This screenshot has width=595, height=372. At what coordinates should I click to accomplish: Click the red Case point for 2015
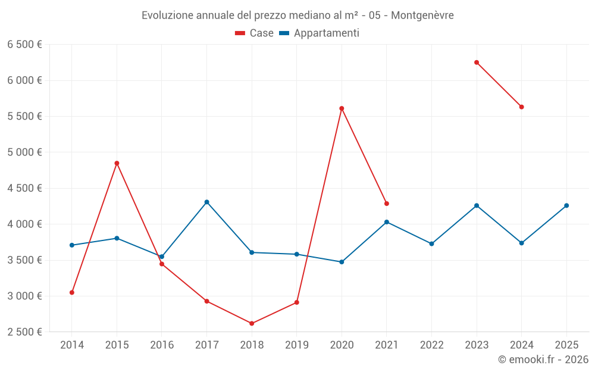[117, 163]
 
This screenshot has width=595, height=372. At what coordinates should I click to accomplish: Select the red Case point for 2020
[342, 108]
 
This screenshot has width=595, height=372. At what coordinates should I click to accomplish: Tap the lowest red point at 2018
[252, 323]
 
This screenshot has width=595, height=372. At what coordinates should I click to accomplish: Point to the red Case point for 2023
[477, 62]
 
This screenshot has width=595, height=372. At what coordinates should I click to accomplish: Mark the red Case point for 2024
[522, 107]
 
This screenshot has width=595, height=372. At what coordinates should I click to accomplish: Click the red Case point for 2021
[387, 204]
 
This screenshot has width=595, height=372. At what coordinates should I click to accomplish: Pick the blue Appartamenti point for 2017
[206, 202]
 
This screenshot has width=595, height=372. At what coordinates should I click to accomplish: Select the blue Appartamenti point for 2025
[566, 205]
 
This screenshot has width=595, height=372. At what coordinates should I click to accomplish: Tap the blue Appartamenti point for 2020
[342, 262]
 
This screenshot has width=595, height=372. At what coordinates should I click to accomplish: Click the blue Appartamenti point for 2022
[432, 243]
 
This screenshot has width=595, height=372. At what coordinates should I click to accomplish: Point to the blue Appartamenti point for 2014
[72, 245]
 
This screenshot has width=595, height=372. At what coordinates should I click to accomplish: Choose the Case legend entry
[255, 33]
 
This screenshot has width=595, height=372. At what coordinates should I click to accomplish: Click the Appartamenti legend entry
[320, 33]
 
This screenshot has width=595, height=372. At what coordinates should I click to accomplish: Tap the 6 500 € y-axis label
[24, 45]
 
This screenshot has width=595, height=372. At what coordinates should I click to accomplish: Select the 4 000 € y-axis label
[24, 224]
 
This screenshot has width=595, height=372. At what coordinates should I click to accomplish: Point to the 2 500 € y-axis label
[24, 332]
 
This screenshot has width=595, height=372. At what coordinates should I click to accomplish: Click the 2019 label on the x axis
[297, 345]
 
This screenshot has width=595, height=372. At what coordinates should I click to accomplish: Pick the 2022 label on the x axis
[432, 345]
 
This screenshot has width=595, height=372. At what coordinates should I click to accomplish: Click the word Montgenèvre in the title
[422, 15]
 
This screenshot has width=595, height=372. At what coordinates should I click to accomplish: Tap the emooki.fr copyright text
[543, 360]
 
